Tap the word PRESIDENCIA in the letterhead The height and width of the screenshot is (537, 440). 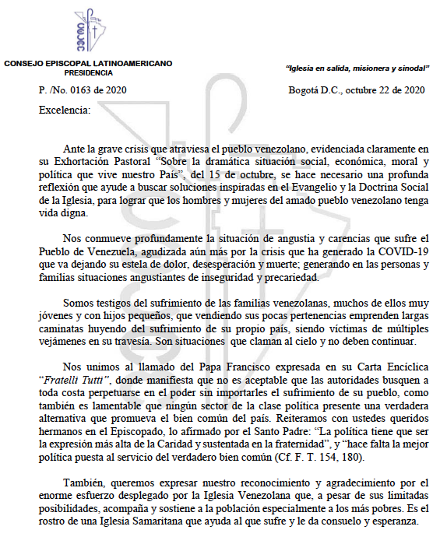87,72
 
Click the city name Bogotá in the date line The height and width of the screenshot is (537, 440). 304,90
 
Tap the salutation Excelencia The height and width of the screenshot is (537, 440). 65,110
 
